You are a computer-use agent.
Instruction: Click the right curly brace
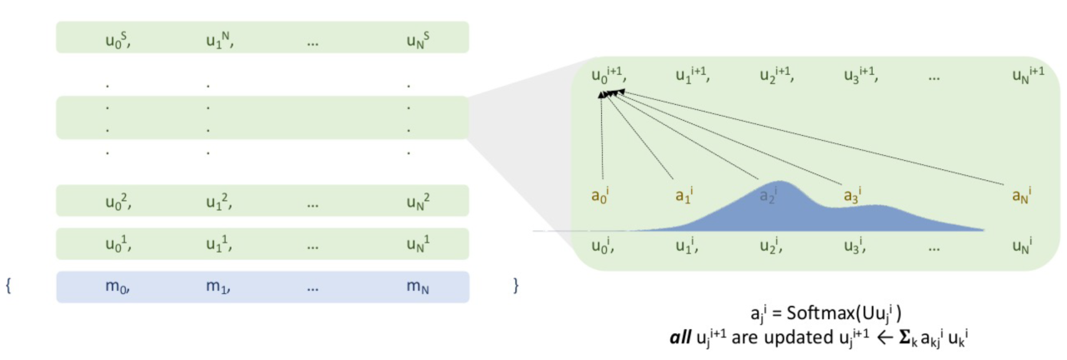[516, 287]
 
